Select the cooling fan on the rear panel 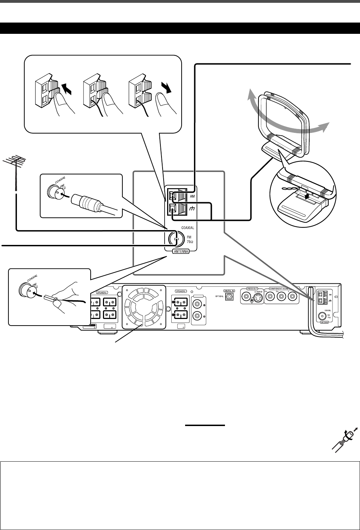click(x=143, y=306)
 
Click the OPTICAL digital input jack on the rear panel click(x=229, y=297)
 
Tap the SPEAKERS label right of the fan click(x=181, y=291)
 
